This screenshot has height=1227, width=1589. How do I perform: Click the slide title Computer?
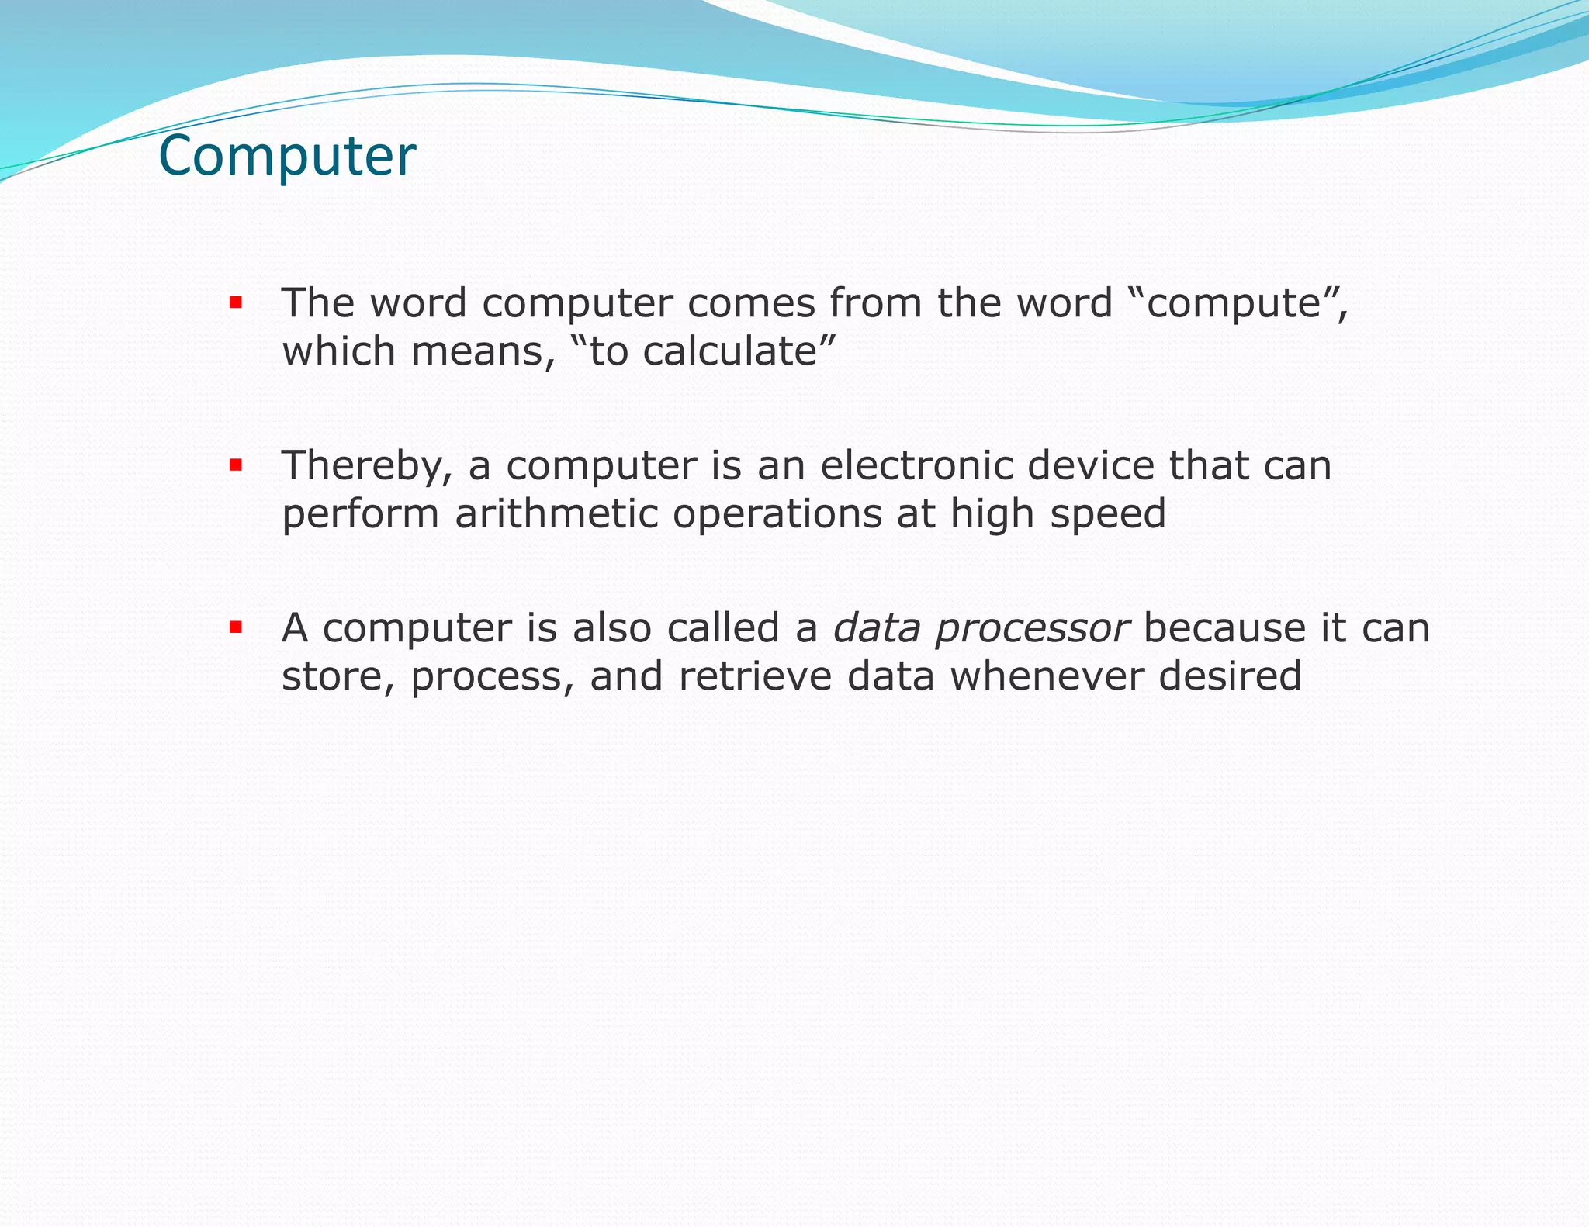287,156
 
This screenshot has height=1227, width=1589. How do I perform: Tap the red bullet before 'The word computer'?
236,302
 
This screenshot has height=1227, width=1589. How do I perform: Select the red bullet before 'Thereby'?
236,465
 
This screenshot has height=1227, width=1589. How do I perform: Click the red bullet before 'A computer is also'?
236,627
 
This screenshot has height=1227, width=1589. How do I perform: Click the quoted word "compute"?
1234,304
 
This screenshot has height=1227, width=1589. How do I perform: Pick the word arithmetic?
556,514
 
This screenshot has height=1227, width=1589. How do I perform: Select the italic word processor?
1032,629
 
